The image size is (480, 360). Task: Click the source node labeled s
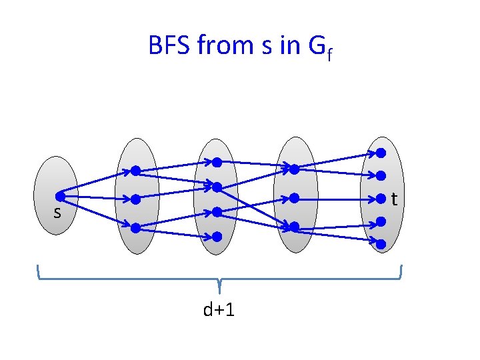(x=60, y=197)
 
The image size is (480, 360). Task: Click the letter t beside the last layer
(x=395, y=199)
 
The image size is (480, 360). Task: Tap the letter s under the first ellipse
(x=57, y=213)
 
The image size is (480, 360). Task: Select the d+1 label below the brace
(x=219, y=309)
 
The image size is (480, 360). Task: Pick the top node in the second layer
(x=135, y=171)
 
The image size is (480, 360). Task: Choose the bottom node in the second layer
(x=135, y=227)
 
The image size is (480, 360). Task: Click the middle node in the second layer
(x=135, y=199)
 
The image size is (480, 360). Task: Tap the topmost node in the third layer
(x=217, y=162)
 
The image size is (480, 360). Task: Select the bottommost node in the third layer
(x=217, y=236)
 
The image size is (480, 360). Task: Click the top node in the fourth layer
(x=294, y=169)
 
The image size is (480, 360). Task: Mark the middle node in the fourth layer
(x=294, y=198)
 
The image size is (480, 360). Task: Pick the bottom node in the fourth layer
(x=294, y=227)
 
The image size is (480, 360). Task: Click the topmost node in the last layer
(x=381, y=153)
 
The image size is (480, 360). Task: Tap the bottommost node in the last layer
(x=381, y=244)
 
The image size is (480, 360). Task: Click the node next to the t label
(x=381, y=198)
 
